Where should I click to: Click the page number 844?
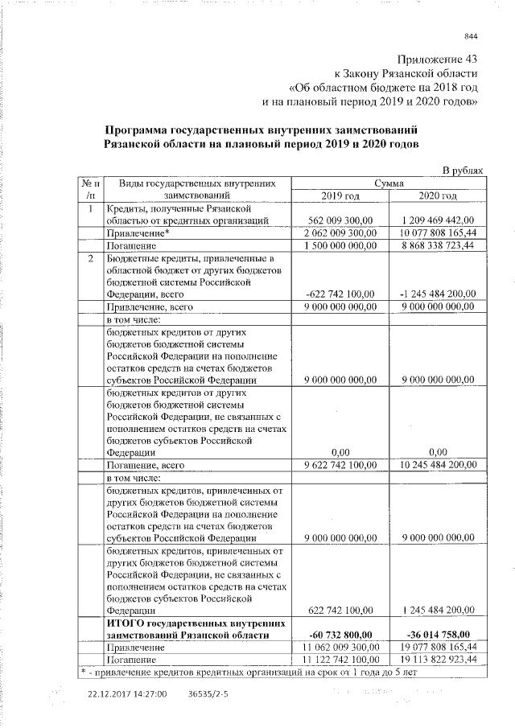click(x=471, y=35)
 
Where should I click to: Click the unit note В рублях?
click(x=464, y=171)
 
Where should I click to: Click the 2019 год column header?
click(x=340, y=195)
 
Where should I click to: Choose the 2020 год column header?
click(x=438, y=195)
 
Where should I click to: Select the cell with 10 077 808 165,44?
click(x=436, y=232)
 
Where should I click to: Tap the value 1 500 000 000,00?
click(x=341, y=245)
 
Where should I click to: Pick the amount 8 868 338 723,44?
click(x=437, y=245)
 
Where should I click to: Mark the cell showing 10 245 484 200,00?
click(x=437, y=464)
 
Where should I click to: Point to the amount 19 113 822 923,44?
click(x=437, y=659)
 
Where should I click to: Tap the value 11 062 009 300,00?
click(x=341, y=646)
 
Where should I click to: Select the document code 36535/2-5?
click(x=208, y=693)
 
